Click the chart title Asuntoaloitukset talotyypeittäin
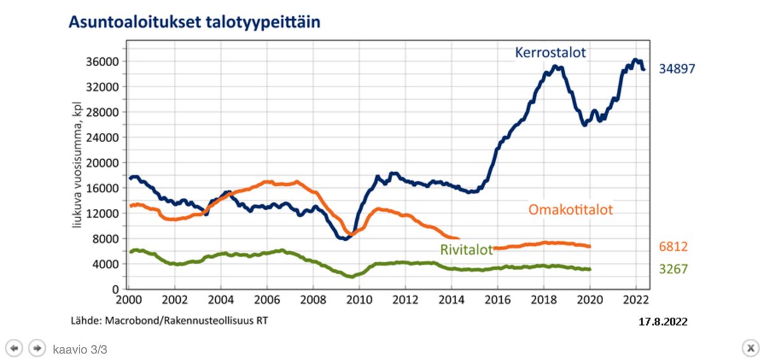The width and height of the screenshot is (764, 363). (194, 23)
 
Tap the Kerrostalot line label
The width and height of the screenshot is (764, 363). (550, 52)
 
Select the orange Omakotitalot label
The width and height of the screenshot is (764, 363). (570, 209)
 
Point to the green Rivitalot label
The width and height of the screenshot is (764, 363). (466, 250)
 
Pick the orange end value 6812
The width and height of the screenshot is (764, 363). (673, 247)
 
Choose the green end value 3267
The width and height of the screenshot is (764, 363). (673, 269)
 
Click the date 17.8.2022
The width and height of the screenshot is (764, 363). (663, 322)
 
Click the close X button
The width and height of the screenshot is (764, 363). (749, 348)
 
